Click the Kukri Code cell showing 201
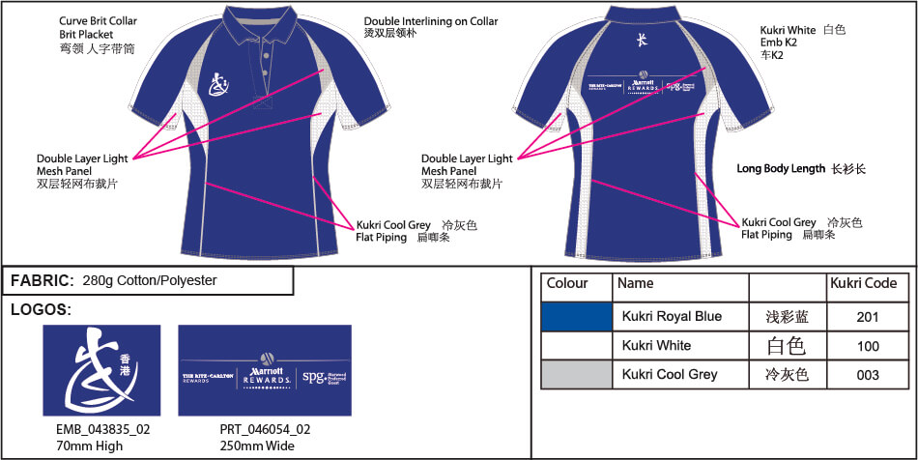(x=868, y=316)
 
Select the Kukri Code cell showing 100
(x=868, y=345)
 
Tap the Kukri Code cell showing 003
(x=868, y=374)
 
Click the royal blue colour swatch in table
(x=577, y=316)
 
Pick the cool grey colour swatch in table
(x=577, y=374)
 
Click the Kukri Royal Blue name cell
(x=672, y=316)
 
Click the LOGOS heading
(x=41, y=310)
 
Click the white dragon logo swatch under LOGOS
(x=100, y=370)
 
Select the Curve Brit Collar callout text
(x=100, y=20)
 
